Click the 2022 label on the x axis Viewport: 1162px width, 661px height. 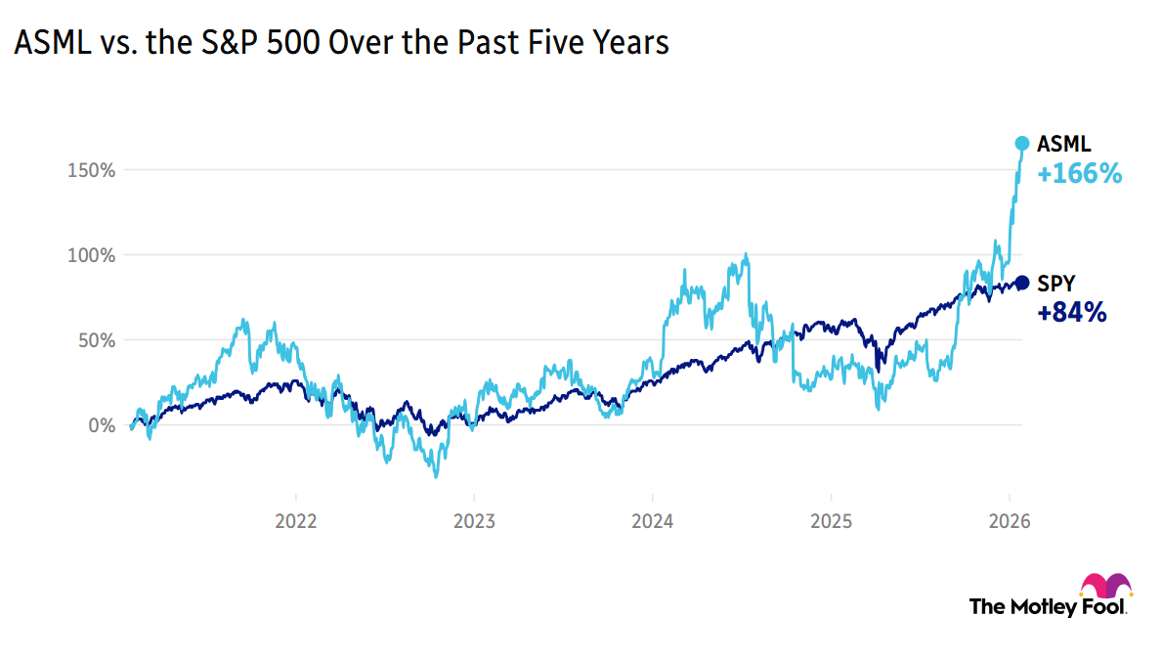pos(296,522)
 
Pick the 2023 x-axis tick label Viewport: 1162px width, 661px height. pos(474,522)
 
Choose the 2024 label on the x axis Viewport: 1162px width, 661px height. pos(652,522)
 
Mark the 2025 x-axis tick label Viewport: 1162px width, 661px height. pos(830,522)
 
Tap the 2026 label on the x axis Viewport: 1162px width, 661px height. pos(1009,522)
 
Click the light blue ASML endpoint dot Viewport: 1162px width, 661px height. pos(1022,144)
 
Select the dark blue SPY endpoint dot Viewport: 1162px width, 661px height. pos(1022,283)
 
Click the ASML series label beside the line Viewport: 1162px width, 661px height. pos(1063,145)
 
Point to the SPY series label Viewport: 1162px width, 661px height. pos(1056,284)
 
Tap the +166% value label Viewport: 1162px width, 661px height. pos(1079,175)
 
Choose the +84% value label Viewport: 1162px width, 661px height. pos(1072,313)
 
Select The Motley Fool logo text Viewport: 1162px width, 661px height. pos(1047,606)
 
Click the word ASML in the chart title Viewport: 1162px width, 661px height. pos(49,44)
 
